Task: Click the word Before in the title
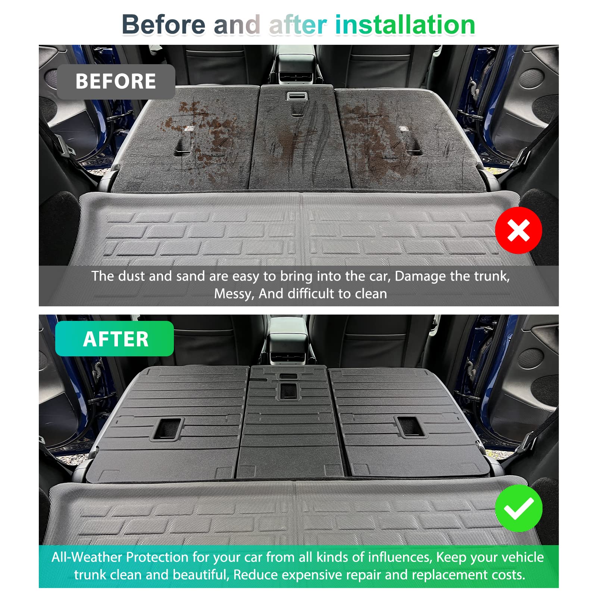coord(163,25)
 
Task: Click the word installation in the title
coord(405,25)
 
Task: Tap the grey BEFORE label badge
coord(116,81)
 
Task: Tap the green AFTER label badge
coord(115,339)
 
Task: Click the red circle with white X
coord(518,230)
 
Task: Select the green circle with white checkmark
coord(518,508)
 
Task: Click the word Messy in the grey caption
coord(233,294)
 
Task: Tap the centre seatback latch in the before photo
coord(297,97)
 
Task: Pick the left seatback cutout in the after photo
coord(167,428)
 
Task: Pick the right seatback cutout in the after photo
coord(410,426)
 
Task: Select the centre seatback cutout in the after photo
coord(288,390)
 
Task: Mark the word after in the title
coord(298,25)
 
